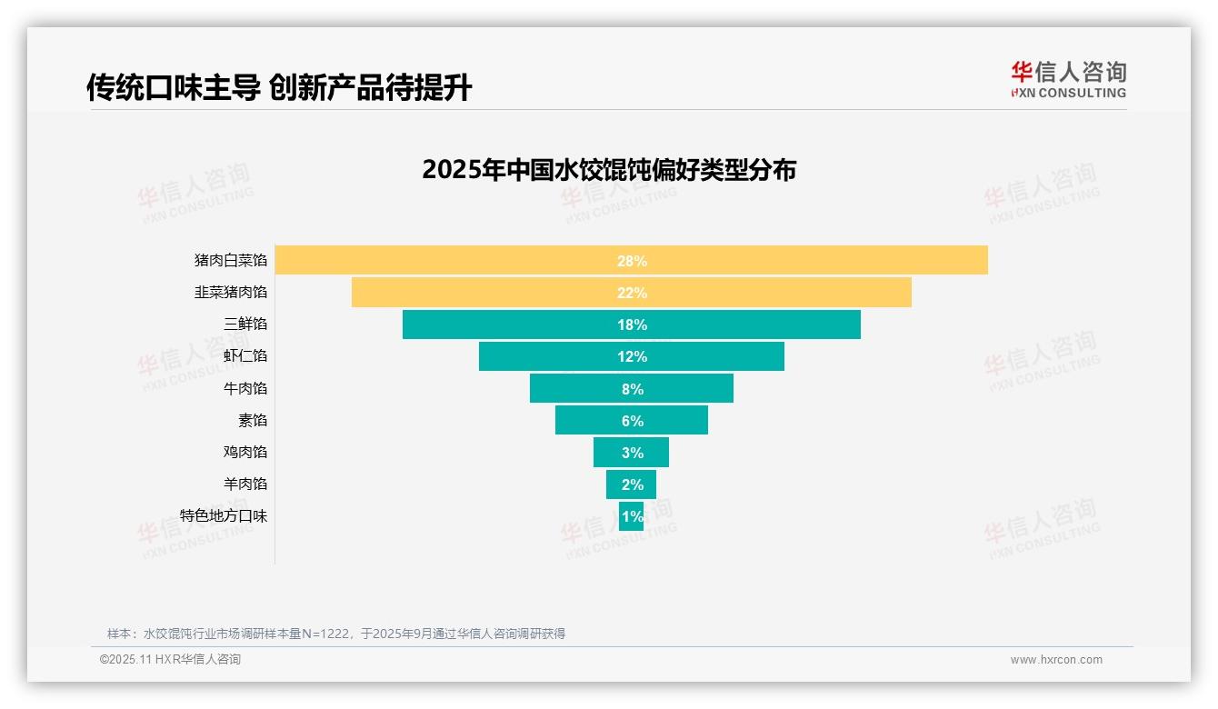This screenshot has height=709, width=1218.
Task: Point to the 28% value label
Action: (x=632, y=261)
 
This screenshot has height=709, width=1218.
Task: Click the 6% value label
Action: (x=632, y=421)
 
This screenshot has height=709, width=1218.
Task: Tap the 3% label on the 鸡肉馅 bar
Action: (x=632, y=453)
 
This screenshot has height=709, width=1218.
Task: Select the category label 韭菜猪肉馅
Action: (x=231, y=292)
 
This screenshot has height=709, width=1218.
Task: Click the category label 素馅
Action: (x=252, y=420)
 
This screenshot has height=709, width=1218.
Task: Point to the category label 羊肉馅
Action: (x=245, y=484)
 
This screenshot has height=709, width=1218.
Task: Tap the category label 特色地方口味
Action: (x=224, y=515)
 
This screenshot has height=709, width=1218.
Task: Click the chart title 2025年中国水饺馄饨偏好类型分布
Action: (x=608, y=170)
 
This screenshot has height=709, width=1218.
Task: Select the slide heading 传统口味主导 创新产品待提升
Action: (x=279, y=87)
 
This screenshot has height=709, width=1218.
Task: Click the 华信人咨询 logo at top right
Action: (x=1068, y=79)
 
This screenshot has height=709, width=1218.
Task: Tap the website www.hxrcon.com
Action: (x=1055, y=660)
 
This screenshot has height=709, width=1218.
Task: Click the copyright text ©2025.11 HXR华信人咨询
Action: (x=170, y=660)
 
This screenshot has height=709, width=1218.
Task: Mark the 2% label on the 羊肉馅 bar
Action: (x=632, y=484)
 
